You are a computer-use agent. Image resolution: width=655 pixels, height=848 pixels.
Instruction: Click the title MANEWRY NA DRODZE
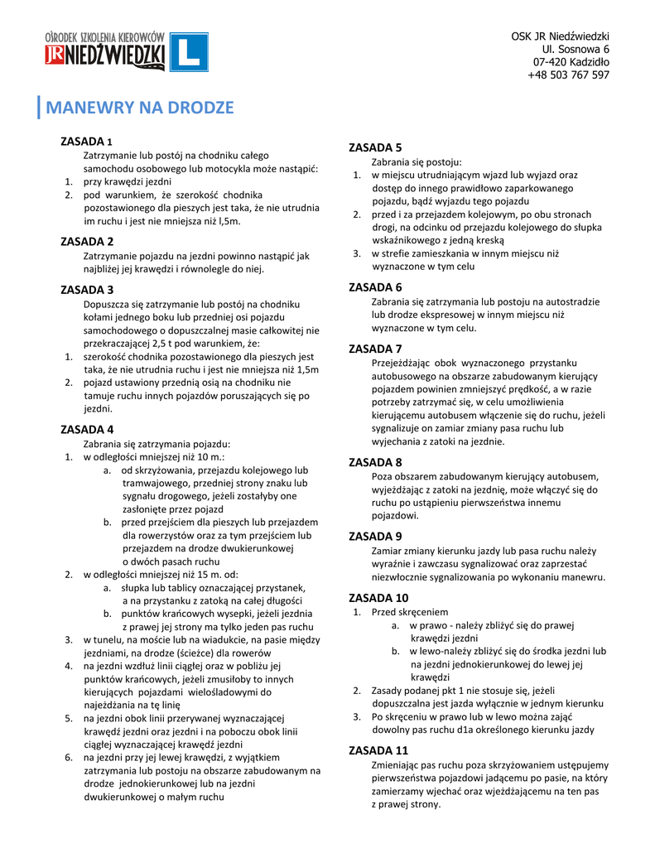pos(140,108)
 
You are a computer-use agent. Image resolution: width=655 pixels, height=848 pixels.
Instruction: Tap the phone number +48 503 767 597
pos(568,75)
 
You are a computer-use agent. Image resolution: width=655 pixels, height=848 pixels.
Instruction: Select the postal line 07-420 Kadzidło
pos(571,62)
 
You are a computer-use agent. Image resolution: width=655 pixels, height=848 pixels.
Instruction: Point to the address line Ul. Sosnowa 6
pos(576,50)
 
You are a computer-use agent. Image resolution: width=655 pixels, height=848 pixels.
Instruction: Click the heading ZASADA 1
pos(88,141)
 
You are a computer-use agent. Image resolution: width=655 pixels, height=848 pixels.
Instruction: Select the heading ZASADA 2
pos(88,242)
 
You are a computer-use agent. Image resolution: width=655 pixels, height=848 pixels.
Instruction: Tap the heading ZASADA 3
pos(88,290)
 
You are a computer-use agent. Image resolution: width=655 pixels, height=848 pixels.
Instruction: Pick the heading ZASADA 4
pos(88,429)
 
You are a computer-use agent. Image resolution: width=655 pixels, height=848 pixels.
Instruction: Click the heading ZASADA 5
pos(375,147)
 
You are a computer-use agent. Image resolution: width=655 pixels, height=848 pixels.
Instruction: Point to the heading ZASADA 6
pos(375,287)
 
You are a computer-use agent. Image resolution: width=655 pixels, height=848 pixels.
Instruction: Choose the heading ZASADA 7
pos(375,348)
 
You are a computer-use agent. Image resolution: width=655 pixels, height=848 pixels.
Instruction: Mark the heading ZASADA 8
pos(375,462)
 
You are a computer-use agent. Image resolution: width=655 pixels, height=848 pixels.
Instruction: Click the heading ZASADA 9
pos(375,536)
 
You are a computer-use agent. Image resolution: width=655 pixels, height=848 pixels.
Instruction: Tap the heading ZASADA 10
pos(378,597)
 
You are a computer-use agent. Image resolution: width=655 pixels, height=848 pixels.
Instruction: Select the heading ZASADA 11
pos(378,750)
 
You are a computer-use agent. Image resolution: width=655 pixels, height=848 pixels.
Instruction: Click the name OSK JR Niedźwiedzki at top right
pos(560,37)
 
